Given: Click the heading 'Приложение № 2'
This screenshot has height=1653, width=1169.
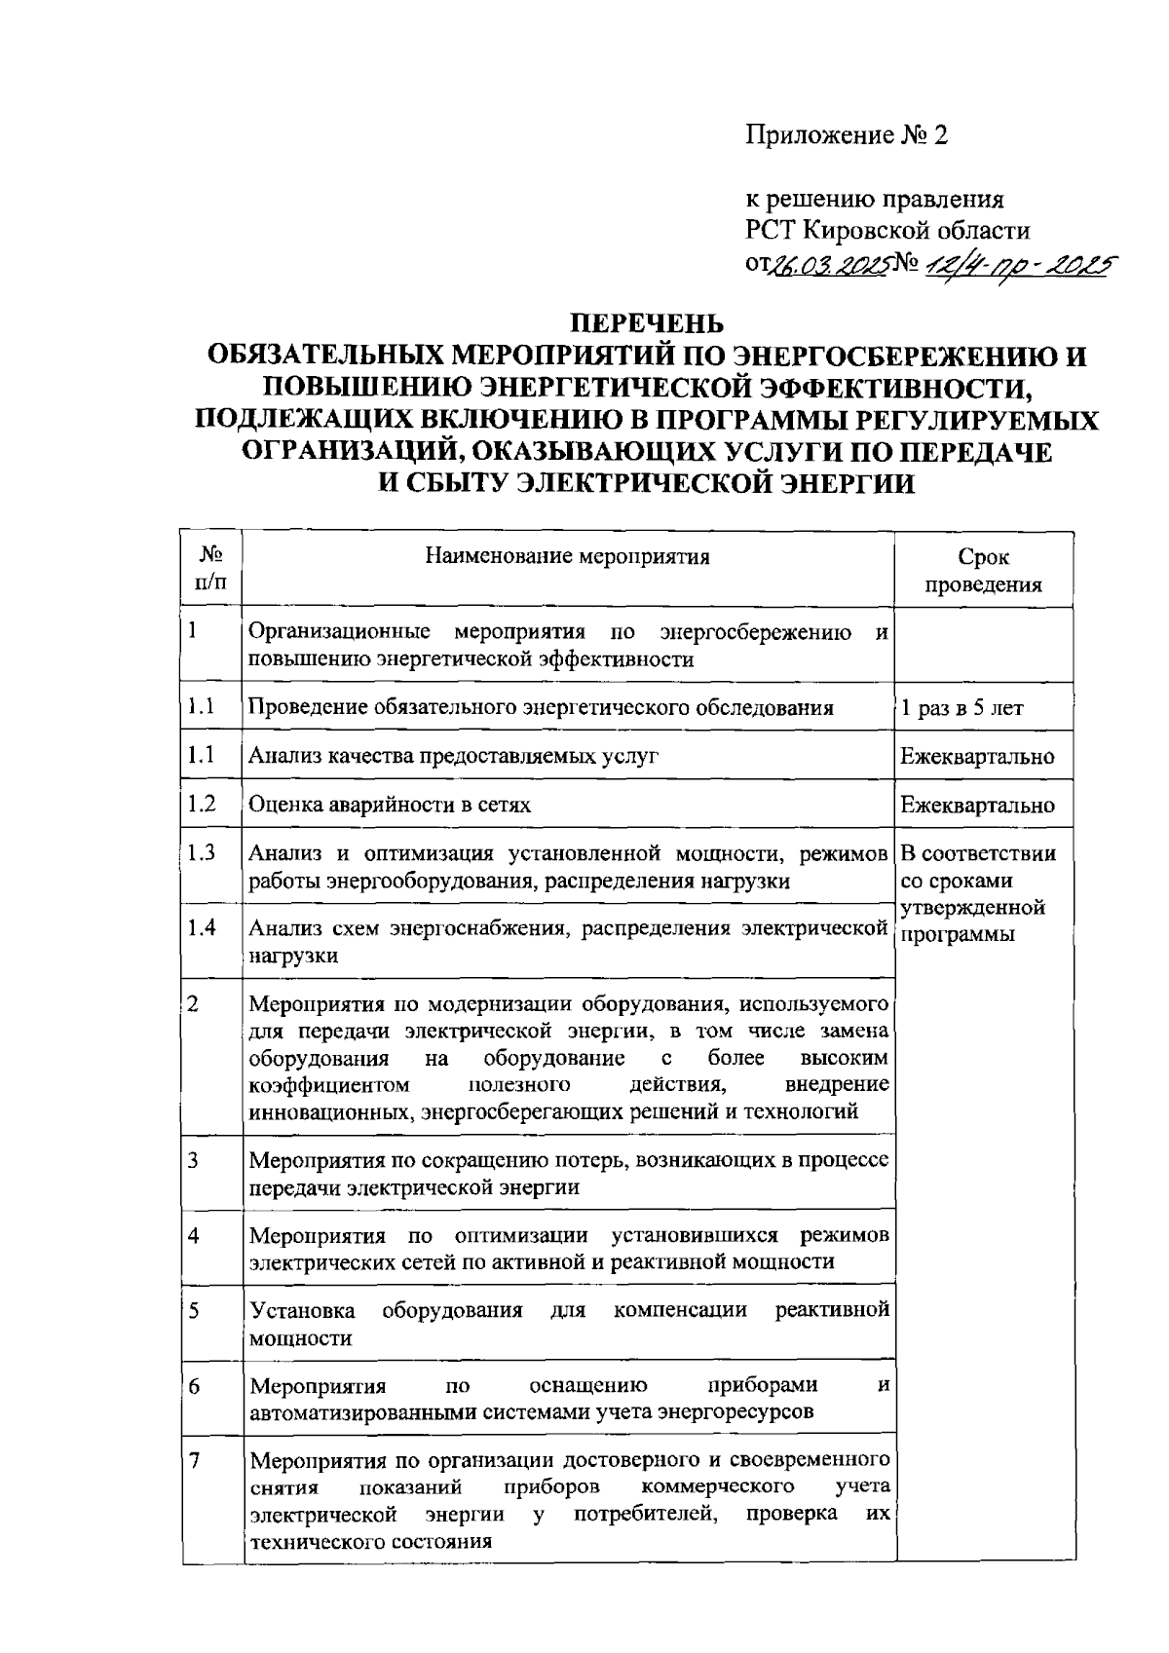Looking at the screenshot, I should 847,135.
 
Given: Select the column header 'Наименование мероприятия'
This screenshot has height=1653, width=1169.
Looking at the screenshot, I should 568,556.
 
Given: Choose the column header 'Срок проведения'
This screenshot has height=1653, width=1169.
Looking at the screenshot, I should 983,570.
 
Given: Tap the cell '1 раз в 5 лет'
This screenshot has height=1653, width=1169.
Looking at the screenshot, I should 962,708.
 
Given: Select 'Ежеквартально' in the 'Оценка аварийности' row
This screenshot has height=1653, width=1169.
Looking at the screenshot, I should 977,806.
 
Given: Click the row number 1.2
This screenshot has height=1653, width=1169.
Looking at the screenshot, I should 202,804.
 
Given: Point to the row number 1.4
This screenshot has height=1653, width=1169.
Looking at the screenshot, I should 202,927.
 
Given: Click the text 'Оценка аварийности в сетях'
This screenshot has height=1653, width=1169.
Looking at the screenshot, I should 390,806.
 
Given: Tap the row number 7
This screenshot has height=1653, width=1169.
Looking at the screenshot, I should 194,1460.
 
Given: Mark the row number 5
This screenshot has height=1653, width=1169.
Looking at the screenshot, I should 194,1310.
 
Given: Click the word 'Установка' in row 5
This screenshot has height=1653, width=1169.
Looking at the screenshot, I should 302,1310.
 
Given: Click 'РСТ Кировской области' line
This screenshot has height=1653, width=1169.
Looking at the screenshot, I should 887,231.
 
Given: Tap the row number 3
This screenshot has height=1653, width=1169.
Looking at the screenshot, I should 194,1160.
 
